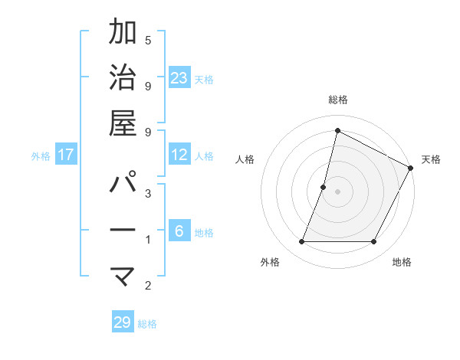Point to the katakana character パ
coord(123,184)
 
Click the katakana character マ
coord(123,274)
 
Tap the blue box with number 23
coord(179,77)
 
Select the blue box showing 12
coord(179,155)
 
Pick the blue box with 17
coord(66,155)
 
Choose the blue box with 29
coord(123,322)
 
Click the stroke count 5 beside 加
coord(148,40)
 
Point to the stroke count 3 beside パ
coord(148,194)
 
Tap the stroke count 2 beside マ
coord(148,286)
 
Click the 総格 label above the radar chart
coord(337,100)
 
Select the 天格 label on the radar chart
coord(431,159)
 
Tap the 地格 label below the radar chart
coord(402,262)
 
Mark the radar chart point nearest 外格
coord(301,242)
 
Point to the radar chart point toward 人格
coord(324,187)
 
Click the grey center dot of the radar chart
coord(337,191)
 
